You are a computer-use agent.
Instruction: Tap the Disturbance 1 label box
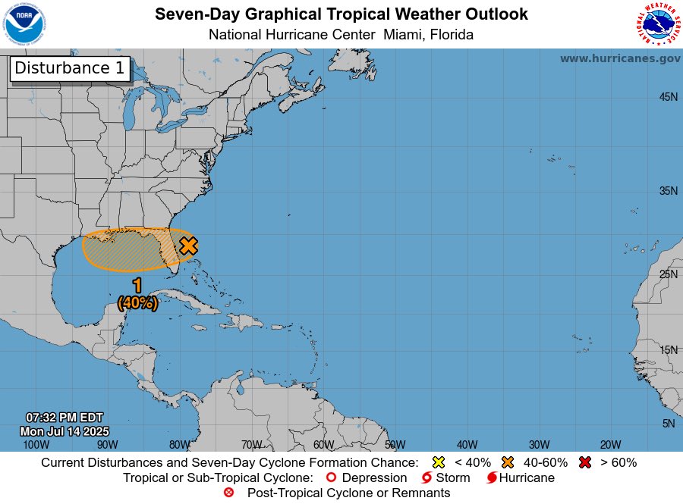70,68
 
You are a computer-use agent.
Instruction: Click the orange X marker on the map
188,246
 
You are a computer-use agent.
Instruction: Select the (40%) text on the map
137,302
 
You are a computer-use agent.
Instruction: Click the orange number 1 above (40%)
137,286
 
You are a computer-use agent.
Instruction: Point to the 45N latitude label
668,97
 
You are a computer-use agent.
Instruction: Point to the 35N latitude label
668,191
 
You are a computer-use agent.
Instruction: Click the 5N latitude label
669,424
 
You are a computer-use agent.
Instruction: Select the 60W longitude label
323,444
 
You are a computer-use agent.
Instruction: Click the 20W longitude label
610,444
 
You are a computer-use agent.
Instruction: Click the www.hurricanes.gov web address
620,58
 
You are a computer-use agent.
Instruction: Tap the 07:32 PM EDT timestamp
65,418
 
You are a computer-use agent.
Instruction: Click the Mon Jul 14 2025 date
65,431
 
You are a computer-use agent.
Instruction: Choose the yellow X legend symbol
438,462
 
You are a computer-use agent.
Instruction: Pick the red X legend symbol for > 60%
584,462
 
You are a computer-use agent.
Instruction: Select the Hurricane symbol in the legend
493,478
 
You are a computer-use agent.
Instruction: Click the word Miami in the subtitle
404,35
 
